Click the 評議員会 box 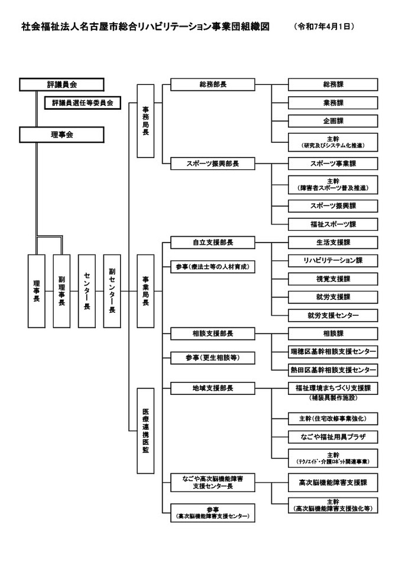tap(61, 85)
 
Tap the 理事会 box tap(61, 135)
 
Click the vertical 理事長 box tap(36, 291)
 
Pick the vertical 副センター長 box tap(112, 291)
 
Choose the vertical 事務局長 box tap(145, 121)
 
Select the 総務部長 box tap(213, 84)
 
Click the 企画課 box tap(333, 120)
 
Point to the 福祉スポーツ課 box tap(333, 224)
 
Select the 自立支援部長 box tap(213, 242)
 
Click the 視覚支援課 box tap(333, 279)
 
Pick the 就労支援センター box tap(333, 315)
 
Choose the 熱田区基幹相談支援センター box tap(333, 370)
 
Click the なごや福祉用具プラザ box tap(333, 437)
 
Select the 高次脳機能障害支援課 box tap(333, 482)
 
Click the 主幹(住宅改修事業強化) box tap(333, 418)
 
